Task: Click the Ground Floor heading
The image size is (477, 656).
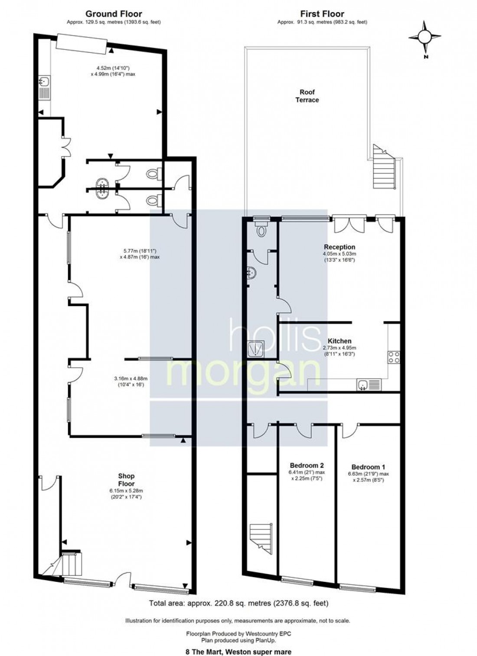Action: click(x=114, y=14)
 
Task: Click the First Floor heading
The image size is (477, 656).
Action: click(x=322, y=14)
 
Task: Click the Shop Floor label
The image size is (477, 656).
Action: click(x=126, y=480)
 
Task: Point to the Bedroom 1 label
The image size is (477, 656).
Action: click(x=368, y=467)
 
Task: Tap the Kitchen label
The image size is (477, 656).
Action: click(x=340, y=341)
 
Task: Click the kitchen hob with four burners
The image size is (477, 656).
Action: click(x=394, y=357)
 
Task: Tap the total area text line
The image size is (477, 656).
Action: click(x=238, y=603)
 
